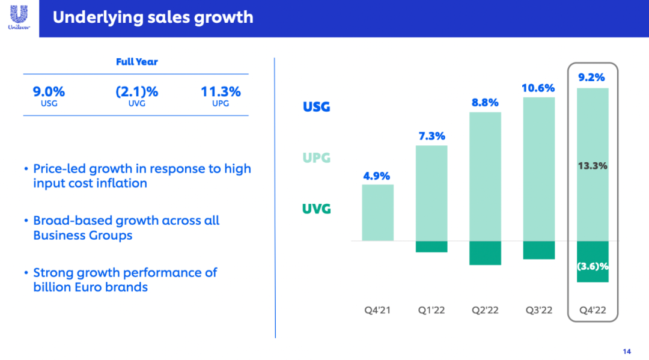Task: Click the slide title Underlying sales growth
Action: [153, 17]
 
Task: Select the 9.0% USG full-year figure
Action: [49, 92]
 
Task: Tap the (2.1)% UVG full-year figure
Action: [136, 92]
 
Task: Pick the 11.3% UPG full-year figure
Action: [221, 92]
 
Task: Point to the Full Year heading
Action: [136, 62]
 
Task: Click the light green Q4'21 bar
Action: [377, 212]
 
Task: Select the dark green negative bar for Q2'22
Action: [485, 252]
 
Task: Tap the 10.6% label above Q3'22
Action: [538, 88]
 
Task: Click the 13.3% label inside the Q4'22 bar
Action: [592, 166]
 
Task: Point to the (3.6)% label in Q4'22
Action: [592, 266]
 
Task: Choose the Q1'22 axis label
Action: [431, 310]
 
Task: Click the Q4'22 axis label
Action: [592, 310]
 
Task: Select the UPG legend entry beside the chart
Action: [317, 158]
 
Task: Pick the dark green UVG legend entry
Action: [317, 209]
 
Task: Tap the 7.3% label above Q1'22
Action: [431, 136]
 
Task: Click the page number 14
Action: [627, 351]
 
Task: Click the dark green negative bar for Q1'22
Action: [431, 246]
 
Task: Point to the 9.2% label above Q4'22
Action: [592, 78]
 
